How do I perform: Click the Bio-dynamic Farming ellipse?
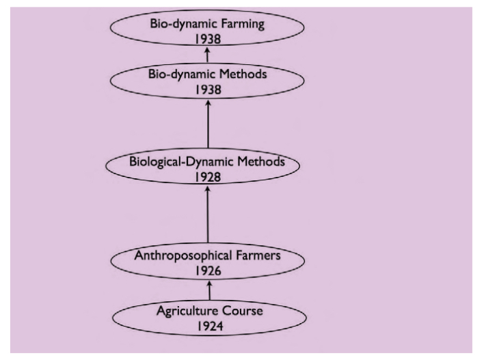coord(207,28)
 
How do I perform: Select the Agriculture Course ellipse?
coord(209,318)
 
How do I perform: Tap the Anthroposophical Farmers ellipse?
coord(207,261)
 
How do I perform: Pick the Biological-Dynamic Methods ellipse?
coord(202,166)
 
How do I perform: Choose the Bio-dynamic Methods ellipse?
coord(207,81)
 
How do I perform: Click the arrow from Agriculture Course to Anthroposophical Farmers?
coord(209,290)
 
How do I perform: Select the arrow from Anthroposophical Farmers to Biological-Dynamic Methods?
coord(208,214)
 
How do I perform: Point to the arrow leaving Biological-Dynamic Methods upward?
coord(208,124)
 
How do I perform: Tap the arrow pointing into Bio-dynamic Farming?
coord(207,54)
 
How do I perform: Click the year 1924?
coord(210,326)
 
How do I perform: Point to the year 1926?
coord(208,271)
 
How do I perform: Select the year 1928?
coord(208,177)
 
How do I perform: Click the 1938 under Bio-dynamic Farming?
coord(208,39)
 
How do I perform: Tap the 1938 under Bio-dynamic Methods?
coord(208,89)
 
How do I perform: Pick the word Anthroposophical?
coord(183,256)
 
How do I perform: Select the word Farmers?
coord(258,255)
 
